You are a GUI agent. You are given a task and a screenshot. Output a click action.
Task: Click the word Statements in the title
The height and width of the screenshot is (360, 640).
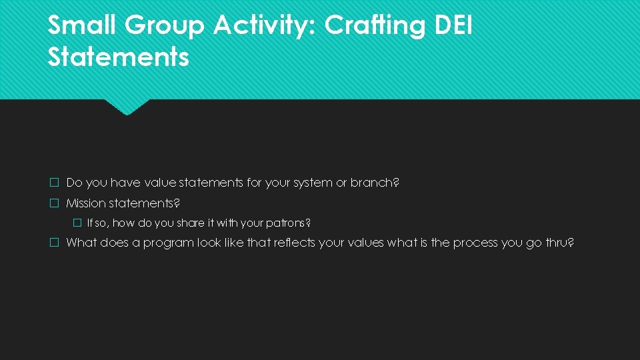(x=118, y=57)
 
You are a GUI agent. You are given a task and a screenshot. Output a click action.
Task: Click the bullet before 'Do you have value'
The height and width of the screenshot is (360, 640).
(x=55, y=183)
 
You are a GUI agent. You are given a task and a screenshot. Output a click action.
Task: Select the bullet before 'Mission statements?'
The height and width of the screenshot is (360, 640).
(x=55, y=203)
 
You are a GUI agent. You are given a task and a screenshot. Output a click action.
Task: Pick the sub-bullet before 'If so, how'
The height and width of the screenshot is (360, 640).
(x=77, y=223)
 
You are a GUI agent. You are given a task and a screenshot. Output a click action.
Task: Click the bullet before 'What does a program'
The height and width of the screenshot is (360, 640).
(x=55, y=243)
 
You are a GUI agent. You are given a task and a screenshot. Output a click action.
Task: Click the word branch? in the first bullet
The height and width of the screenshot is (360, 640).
(x=375, y=183)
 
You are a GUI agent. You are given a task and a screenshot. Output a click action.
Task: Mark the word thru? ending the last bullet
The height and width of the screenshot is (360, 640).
(x=559, y=243)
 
